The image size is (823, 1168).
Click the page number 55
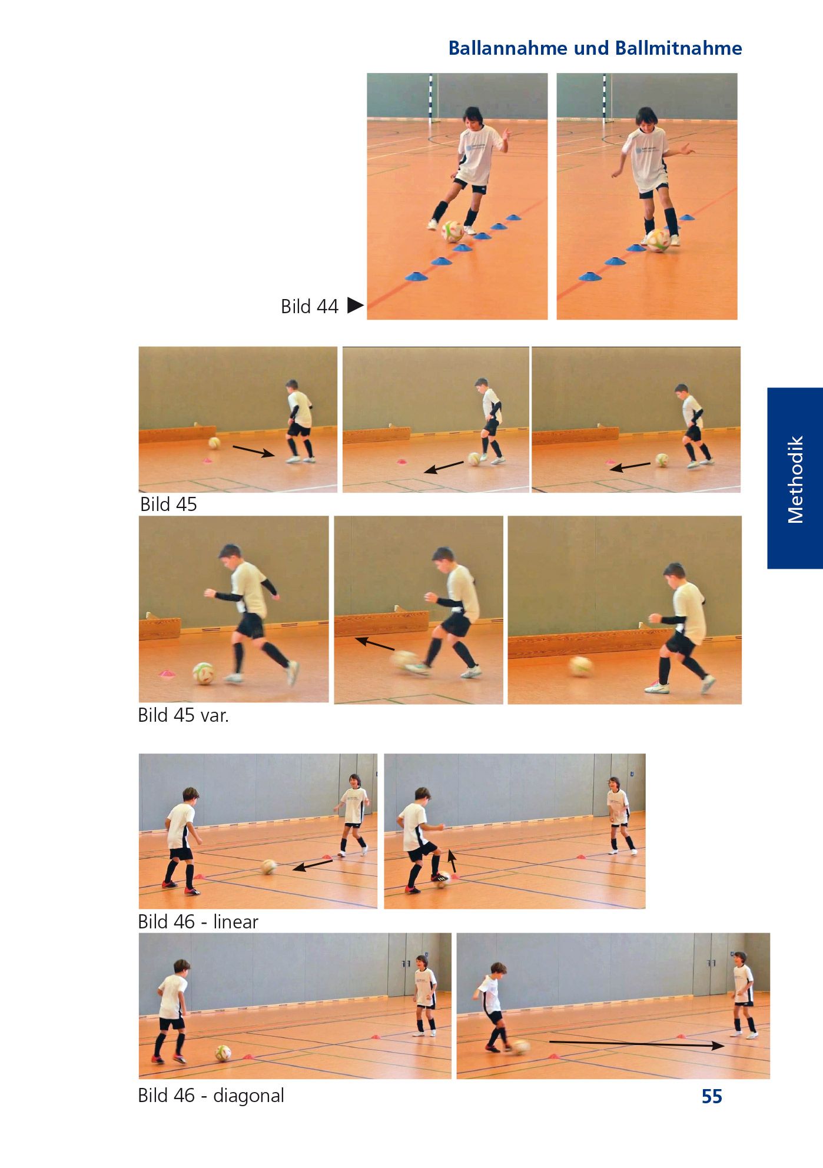click(712, 1096)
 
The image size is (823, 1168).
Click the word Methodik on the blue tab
click(795, 479)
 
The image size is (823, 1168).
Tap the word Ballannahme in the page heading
click(507, 48)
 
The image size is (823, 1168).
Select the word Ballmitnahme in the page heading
click(678, 48)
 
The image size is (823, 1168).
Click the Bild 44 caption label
click(310, 307)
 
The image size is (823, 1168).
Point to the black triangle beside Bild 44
click(355, 306)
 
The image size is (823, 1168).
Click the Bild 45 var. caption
click(183, 715)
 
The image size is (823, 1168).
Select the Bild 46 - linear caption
click(198, 921)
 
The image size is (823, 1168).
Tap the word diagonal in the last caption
click(248, 1095)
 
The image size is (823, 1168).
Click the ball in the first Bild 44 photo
click(453, 231)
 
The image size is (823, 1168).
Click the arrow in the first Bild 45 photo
click(254, 451)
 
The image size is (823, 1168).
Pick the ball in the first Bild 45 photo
click(214, 443)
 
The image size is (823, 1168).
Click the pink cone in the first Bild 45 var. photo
click(168, 673)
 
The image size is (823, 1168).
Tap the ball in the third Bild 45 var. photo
click(580, 666)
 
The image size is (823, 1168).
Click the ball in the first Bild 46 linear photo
click(270, 867)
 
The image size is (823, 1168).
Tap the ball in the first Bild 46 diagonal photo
click(223, 1053)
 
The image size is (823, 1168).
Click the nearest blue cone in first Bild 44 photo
click(416, 275)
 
